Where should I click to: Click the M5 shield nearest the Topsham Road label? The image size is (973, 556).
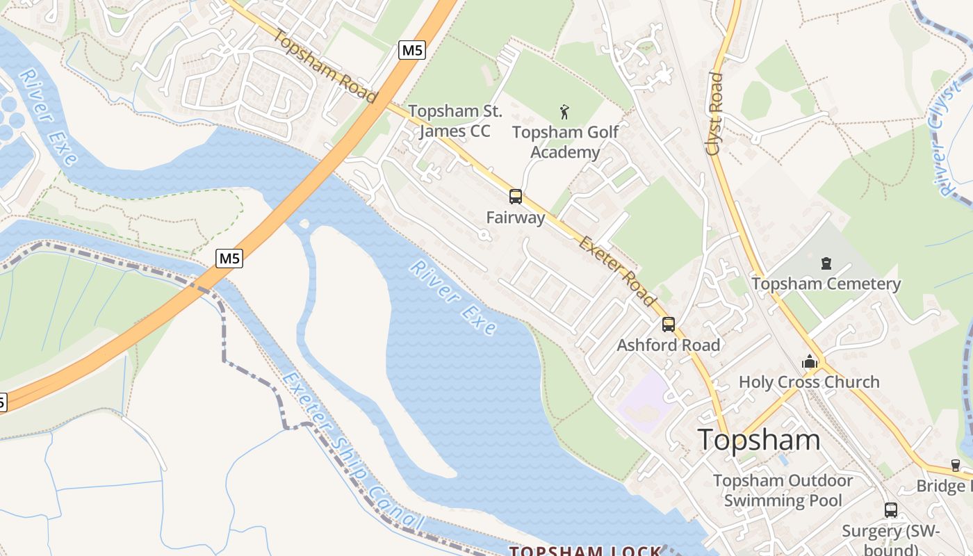tap(411, 50)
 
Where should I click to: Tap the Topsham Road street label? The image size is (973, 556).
tap(325, 66)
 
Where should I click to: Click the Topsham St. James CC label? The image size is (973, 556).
tap(455, 121)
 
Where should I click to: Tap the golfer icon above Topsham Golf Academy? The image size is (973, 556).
tap(564, 111)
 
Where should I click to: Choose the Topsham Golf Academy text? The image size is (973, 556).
tap(565, 142)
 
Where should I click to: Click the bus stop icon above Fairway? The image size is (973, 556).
tap(515, 197)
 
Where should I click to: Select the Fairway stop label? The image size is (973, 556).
tap(515, 218)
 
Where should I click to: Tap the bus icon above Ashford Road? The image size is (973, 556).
tap(668, 325)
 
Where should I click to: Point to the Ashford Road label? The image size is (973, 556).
tap(668, 345)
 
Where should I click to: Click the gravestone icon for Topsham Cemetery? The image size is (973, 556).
tap(826, 263)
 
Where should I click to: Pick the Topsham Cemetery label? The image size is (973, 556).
tap(826, 284)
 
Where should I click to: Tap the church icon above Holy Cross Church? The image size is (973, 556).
tap(809, 361)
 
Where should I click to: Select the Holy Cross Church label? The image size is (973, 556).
tap(809, 382)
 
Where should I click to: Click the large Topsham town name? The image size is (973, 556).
tap(759, 439)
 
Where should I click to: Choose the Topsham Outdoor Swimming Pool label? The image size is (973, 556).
tap(783, 491)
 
